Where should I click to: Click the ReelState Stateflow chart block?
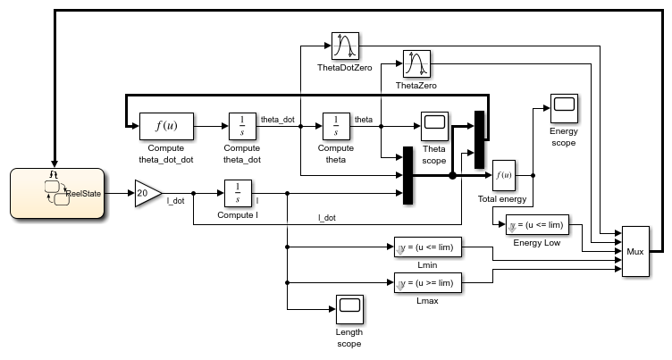tap(55, 192)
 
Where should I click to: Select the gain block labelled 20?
tap(147, 192)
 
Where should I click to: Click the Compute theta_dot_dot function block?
tap(165, 126)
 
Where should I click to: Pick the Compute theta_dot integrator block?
tap(242, 126)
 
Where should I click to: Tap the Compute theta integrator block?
tap(336, 126)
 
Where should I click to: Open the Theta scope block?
tap(434, 126)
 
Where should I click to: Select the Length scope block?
tap(349, 309)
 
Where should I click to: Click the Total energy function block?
tap(505, 176)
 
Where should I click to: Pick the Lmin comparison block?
tap(427, 247)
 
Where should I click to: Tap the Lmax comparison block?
tap(427, 283)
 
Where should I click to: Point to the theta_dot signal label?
tap(277, 119)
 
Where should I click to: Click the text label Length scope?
tap(349, 337)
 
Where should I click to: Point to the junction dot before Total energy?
tap(452, 176)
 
